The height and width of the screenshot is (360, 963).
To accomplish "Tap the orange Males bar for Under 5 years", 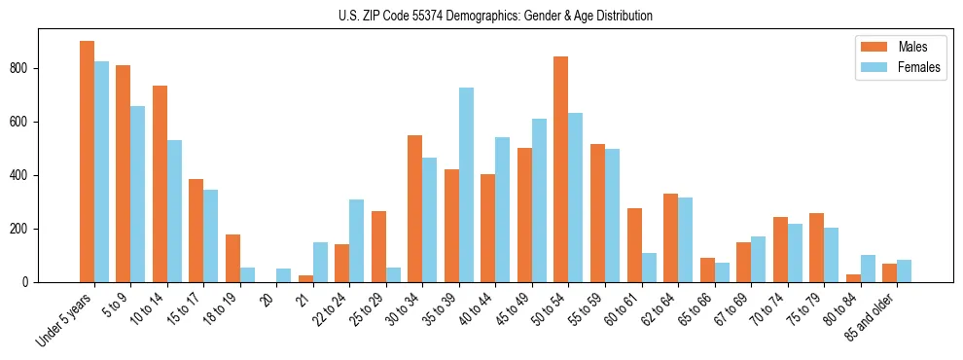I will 87,162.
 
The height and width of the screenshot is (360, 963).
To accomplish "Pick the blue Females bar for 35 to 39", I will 467,185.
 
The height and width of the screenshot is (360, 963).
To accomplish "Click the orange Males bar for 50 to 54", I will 561,169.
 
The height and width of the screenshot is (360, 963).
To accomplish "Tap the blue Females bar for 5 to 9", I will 138,194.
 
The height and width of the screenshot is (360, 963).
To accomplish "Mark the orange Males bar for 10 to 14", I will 160,184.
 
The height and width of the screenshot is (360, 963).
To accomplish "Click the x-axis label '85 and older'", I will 871,316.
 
